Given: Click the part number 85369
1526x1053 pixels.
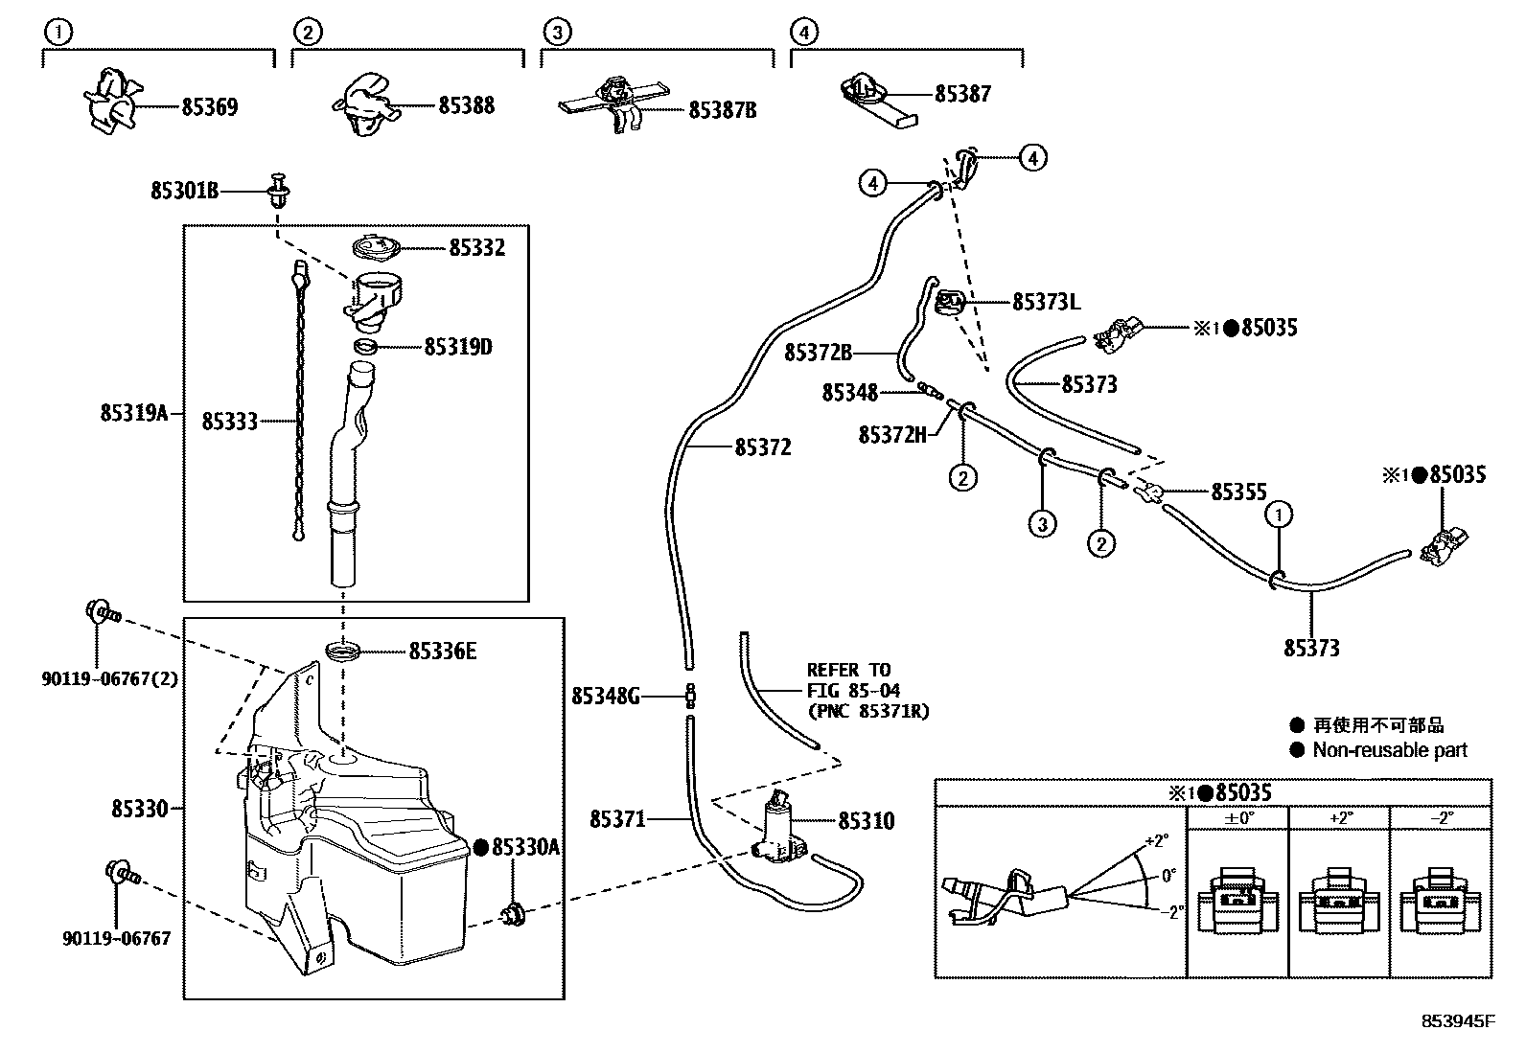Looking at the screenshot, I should click(x=209, y=106).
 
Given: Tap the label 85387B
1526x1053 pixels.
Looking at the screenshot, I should click(x=722, y=110).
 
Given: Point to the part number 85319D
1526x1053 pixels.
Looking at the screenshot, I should click(x=457, y=347).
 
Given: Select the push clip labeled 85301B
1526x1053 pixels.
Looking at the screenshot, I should click(x=279, y=191).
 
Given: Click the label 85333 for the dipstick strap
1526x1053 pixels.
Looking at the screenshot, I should click(x=229, y=421).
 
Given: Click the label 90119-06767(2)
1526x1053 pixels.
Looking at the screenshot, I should click(x=110, y=678).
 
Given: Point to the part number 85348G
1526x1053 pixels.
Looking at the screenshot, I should click(x=605, y=696).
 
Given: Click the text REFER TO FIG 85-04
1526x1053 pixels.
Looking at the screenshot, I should click(x=848, y=680).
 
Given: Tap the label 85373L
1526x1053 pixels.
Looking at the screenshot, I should click(x=1046, y=303).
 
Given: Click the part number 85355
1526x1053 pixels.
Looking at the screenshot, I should click(x=1238, y=492).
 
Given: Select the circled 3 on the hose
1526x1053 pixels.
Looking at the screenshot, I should click(x=1043, y=523).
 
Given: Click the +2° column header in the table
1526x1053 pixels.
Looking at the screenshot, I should click(x=1339, y=817).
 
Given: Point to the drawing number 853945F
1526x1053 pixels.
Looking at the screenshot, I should click(x=1457, y=1020).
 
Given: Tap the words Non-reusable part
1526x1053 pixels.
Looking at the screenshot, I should click(x=1390, y=750).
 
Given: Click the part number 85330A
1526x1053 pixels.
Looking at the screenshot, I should click(x=525, y=846).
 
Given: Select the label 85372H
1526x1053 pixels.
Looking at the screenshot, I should click(x=892, y=435).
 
